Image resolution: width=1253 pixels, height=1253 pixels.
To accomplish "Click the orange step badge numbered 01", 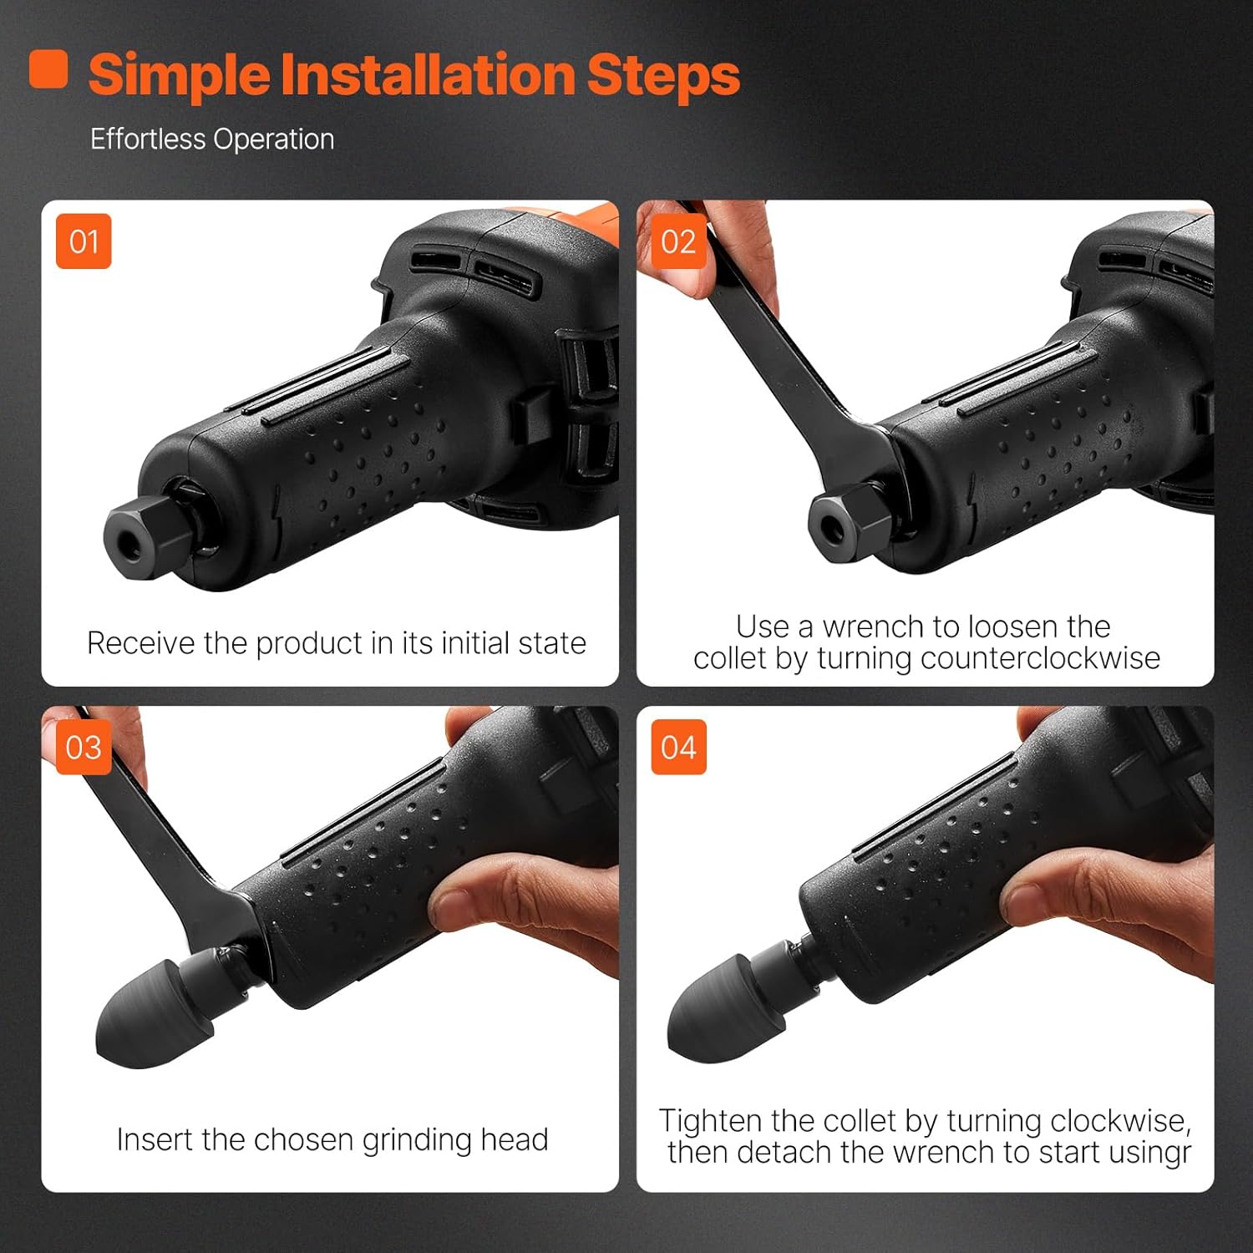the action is [84, 241].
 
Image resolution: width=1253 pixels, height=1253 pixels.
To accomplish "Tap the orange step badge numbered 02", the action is [678, 241].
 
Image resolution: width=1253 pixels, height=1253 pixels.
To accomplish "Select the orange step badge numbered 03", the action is [84, 747].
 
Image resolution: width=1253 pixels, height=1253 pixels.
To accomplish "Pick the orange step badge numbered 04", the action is [678, 747].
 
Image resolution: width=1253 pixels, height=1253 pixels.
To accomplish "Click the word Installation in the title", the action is [428, 74].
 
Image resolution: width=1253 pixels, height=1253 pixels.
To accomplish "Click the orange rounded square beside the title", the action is [48, 68].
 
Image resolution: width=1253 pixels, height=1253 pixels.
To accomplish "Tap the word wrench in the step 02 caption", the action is [874, 626].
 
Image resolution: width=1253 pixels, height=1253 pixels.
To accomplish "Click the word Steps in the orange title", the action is [663, 75].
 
